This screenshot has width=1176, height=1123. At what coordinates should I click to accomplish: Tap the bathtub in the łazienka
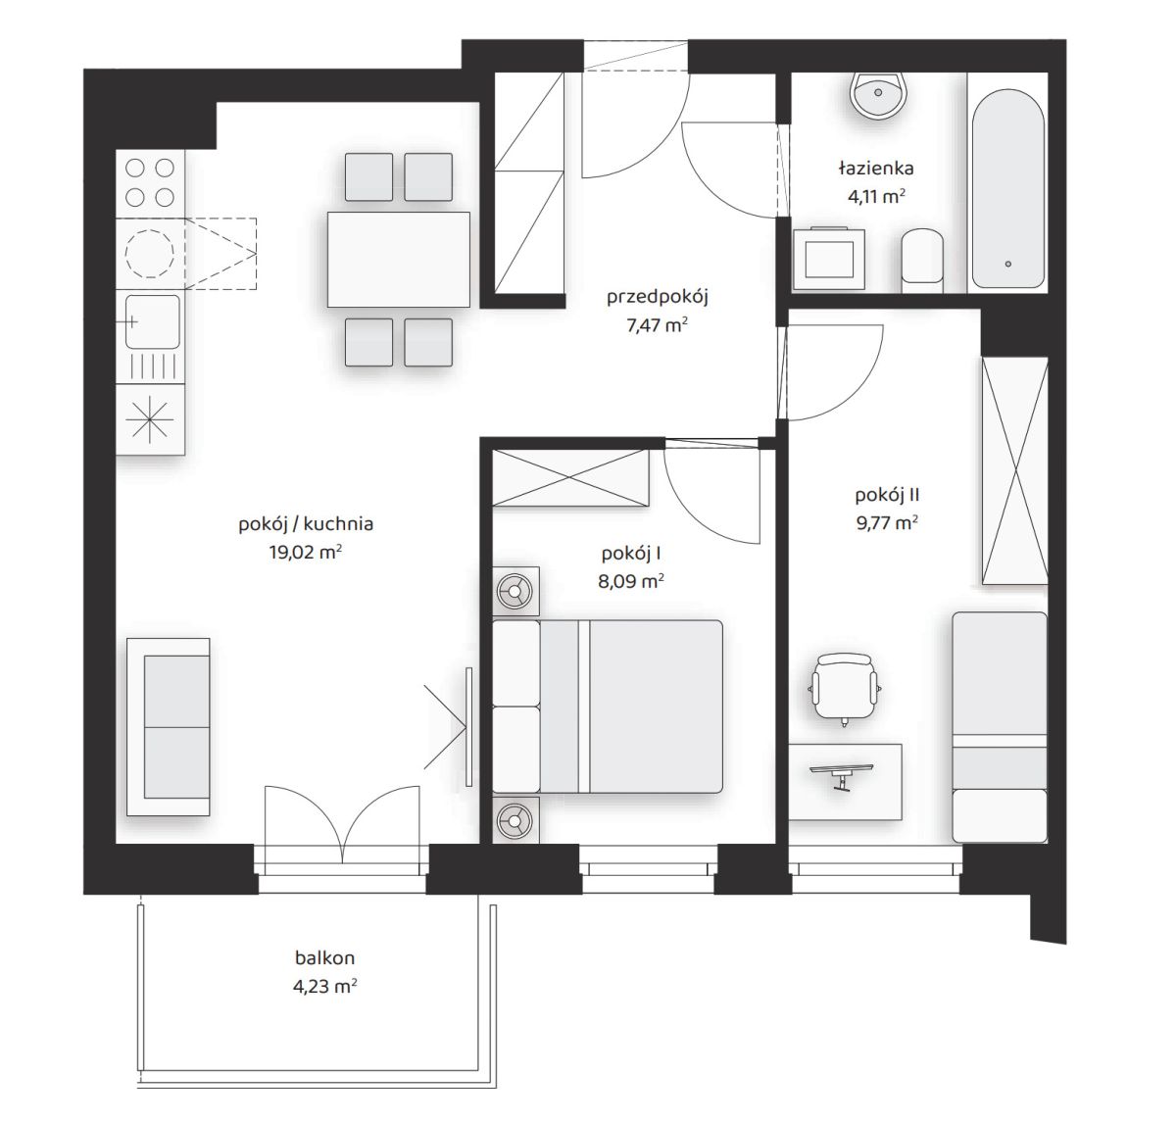tap(1007, 188)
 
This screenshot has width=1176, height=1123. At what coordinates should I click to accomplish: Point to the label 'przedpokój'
tap(657, 297)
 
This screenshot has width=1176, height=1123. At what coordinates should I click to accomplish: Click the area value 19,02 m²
tap(306, 552)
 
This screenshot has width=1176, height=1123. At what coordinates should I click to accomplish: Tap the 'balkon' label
tap(324, 957)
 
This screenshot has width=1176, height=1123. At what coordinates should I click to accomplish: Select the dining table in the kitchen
tap(398, 260)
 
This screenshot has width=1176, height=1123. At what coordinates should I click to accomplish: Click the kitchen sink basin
tap(152, 321)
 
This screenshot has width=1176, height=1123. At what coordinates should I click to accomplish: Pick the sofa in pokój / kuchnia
tap(169, 727)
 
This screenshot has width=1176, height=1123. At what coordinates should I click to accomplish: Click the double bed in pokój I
tap(608, 707)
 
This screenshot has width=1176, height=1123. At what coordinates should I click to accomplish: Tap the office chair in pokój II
tap(844, 689)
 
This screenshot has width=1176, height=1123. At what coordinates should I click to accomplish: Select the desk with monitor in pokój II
tap(845, 782)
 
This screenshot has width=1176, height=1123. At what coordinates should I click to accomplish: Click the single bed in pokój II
tap(1000, 727)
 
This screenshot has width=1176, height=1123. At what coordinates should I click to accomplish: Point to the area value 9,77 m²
tap(887, 522)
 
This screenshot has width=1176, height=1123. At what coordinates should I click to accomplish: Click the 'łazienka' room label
tap(876, 168)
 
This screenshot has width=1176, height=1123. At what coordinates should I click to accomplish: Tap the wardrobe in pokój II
tap(1014, 470)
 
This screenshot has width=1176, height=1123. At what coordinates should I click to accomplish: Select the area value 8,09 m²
tap(631, 581)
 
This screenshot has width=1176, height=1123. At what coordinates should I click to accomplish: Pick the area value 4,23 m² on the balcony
tap(324, 987)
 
